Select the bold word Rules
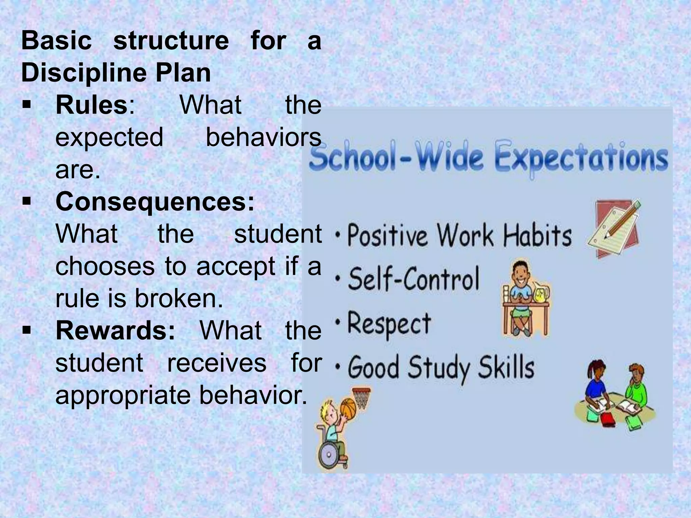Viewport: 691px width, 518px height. point(91,105)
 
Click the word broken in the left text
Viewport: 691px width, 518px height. point(179,298)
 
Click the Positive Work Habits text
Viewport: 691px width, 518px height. point(459,235)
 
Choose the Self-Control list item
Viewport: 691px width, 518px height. point(413,279)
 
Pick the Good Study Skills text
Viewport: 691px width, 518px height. point(441,368)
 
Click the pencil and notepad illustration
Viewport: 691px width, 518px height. point(614,228)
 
